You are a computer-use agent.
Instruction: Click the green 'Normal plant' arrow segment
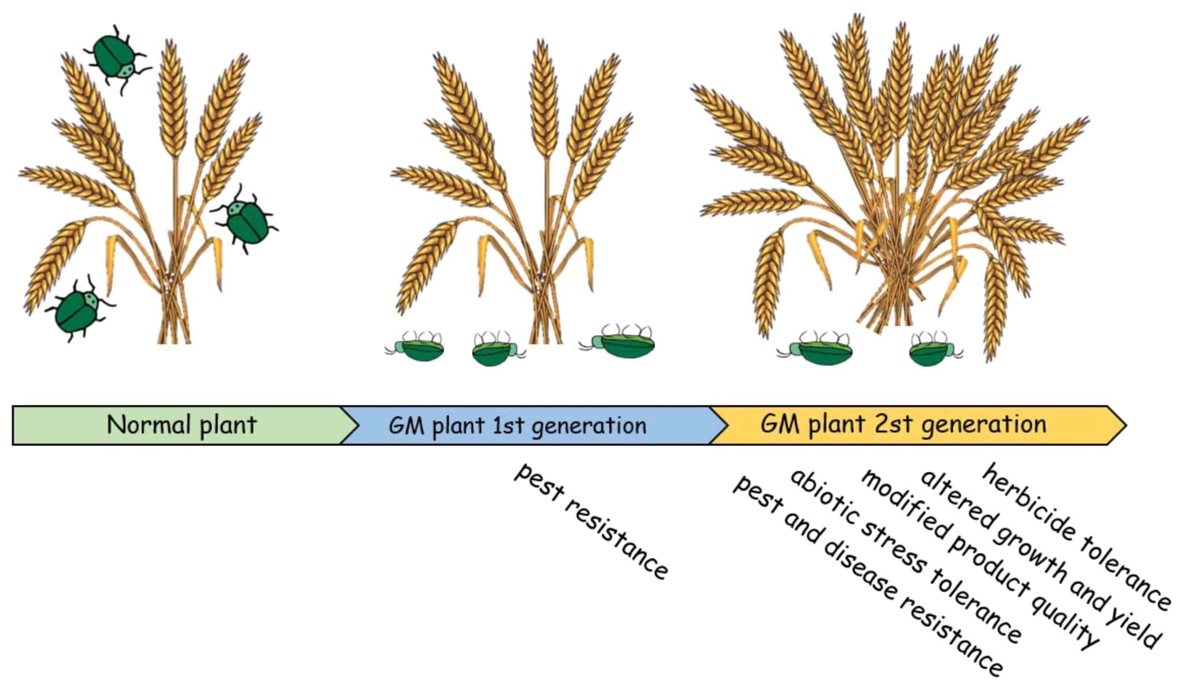point(179,425)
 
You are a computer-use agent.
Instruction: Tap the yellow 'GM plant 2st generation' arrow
point(913,425)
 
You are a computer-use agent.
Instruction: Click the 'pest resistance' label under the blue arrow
point(591,521)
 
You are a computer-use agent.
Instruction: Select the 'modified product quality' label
point(979,559)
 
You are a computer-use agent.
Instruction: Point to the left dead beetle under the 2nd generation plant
point(816,348)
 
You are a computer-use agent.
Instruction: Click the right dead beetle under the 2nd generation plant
point(934,349)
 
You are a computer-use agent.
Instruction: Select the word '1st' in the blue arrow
point(508,426)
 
